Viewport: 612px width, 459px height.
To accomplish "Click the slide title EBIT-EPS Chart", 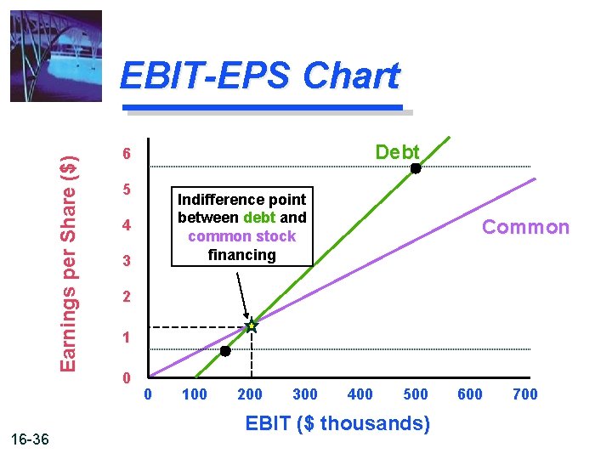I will click(x=259, y=76).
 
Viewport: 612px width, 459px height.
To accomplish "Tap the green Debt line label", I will click(x=397, y=151).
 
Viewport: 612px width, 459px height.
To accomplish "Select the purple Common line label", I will click(x=525, y=227).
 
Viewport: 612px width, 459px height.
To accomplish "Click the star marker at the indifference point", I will click(x=252, y=326).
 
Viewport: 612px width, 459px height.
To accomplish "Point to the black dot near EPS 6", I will click(x=416, y=168).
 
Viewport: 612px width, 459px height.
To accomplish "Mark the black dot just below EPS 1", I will click(x=225, y=351).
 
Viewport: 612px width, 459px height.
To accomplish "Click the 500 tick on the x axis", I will click(x=415, y=394).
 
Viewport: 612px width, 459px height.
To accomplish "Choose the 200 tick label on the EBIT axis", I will click(x=249, y=394).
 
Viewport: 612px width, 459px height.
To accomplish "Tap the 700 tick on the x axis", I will click(x=525, y=394).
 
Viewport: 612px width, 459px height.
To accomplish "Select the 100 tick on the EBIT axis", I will click(x=195, y=394).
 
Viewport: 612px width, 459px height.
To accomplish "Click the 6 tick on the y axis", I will click(x=125, y=155).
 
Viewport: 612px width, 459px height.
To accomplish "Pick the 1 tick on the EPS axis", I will click(x=125, y=337).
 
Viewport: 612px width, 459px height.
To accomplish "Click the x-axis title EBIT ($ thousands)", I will click(x=337, y=422).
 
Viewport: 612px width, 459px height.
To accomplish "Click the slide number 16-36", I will click(x=31, y=439).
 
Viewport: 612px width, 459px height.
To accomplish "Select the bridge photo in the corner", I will click(x=55, y=55).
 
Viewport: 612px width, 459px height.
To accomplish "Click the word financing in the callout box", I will click(x=241, y=254).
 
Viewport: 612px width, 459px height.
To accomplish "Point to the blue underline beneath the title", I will click(x=263, y=108).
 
